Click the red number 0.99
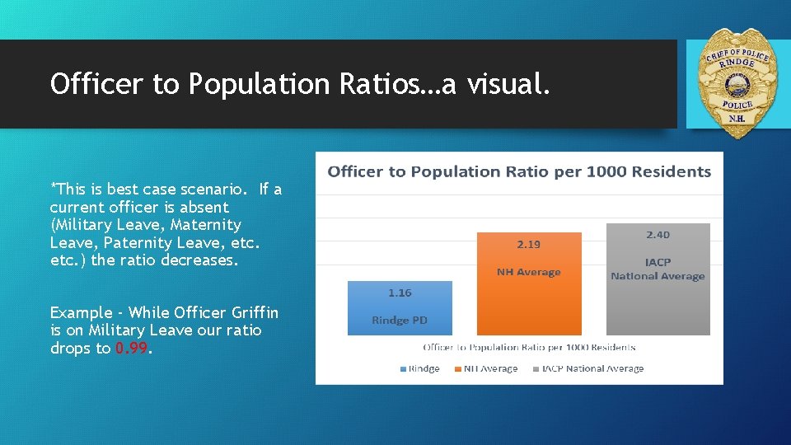click(x=133, y=349)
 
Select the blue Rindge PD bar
click(x=400, y=308)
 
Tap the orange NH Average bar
click(x=528, y=284)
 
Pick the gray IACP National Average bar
click(x=658, y=279)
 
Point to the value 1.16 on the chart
click(x=400, y=293)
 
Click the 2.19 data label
click(x=529, y=245)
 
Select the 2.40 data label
click(x=658, y=235)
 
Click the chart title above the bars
click(x=519, y=172)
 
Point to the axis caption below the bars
click(x=529, y=348)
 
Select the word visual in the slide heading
click(x=507, y=83)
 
